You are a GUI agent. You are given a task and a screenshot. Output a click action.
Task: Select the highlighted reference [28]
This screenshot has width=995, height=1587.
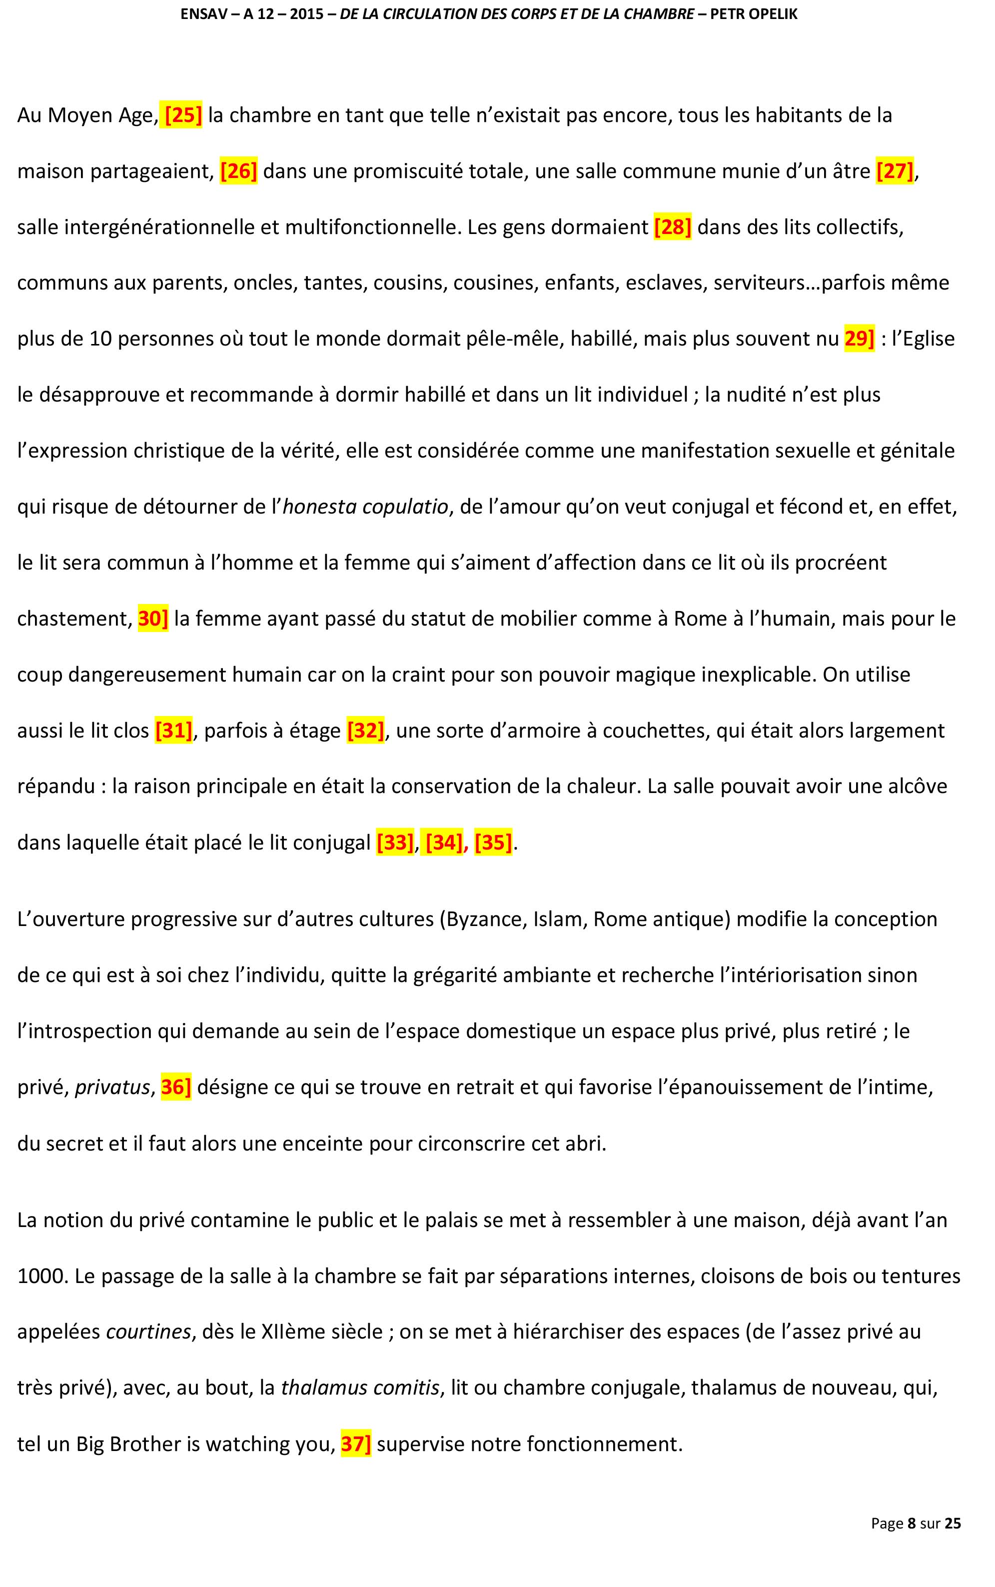point(672,227)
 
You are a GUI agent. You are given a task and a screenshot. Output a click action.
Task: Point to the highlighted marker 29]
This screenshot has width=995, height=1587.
point(859,339)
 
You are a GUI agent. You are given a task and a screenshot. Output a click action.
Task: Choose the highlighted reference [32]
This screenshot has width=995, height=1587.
point(365,730)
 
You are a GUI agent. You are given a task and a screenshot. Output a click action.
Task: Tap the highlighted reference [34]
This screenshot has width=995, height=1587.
point(444,842)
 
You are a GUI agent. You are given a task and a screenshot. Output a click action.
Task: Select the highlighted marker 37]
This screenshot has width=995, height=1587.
point(356,1444)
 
